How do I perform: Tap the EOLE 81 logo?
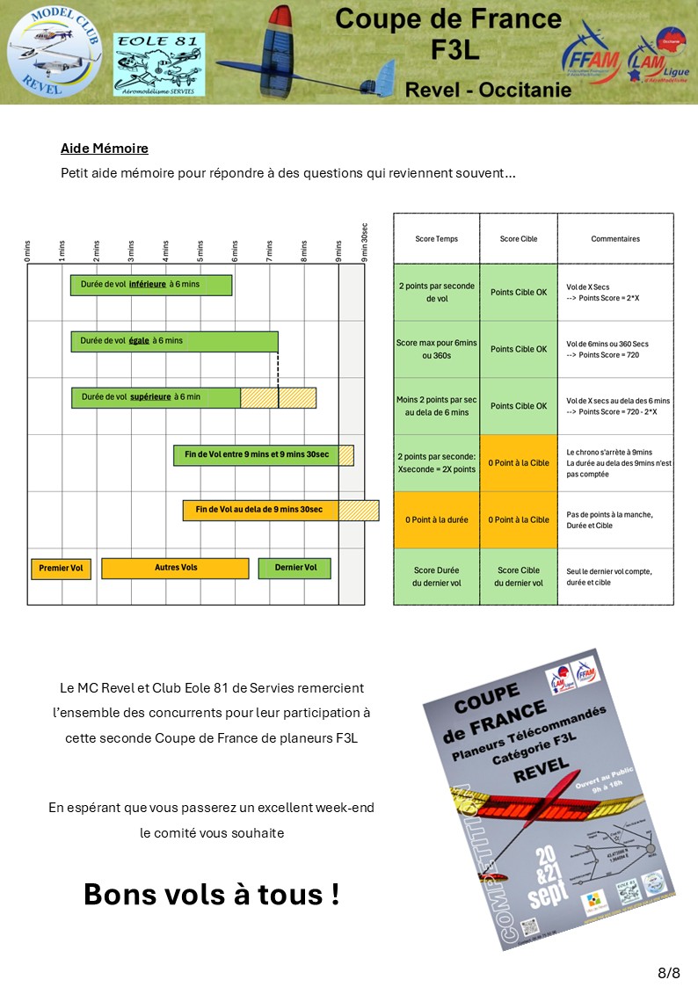(x=159, y=64)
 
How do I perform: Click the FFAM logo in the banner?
(x=591, y=54)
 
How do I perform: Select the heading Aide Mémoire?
(x=105, y=148)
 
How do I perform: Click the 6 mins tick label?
(x=235, y=251)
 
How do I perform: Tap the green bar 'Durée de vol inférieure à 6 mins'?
(x=151, y=285)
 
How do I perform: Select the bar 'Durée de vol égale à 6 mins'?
(x=174, y=341)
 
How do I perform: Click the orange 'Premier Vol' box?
(x=61, y=569)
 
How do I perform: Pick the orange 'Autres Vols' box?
(x=175, y=568)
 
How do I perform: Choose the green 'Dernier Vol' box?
(x=294, y=568)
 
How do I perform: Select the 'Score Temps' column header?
(x=436, y=239)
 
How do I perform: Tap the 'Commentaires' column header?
(x=615, y=239)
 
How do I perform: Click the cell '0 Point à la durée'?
(x=436, y=520)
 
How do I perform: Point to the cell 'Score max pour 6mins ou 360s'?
(x=436, y=349)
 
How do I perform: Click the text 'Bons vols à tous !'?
(x=211, y=895)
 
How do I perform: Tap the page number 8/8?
(x=669, y=972)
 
